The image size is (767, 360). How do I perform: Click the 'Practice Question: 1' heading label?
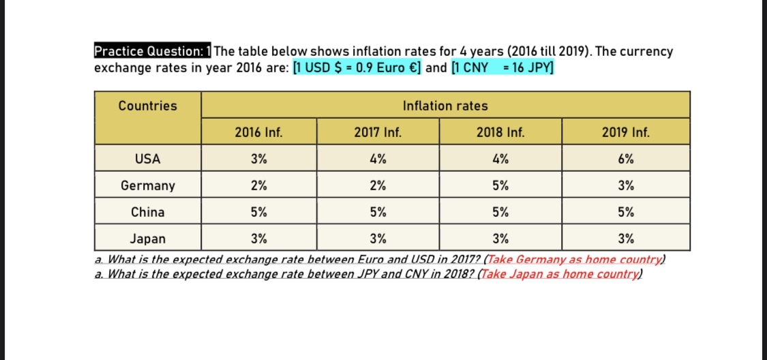coord(153,52)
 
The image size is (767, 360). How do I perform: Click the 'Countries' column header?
coord(147,106)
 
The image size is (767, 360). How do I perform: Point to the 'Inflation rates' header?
coord(445,106)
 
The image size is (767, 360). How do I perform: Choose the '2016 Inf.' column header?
coord(258,132)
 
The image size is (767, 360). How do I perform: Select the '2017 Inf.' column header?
coord(378,132)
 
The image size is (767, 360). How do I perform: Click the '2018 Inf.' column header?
coord(500,132)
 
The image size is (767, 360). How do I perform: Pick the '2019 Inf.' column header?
coord(626,132)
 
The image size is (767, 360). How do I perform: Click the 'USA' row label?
coord(147,159)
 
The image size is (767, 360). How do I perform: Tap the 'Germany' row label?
coord(147,185)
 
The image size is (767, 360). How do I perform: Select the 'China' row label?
coord(147,212)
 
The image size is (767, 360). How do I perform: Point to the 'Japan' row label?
coord(147,239)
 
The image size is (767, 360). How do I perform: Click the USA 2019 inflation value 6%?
coord(626,159)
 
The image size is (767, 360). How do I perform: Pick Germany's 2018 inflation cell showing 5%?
coord(500,185)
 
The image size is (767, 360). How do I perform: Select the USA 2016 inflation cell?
coord(258,159)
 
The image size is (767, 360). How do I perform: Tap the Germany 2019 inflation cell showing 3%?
coord(626,185)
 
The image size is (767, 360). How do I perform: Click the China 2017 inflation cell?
coord(378,212)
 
